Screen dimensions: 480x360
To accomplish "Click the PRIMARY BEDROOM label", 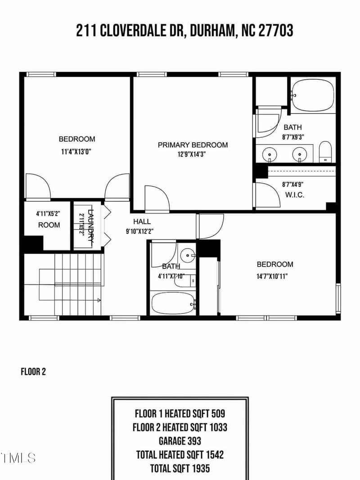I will (193, 145).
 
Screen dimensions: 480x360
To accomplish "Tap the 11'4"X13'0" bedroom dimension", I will (76, 152).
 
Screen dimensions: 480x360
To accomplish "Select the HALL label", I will (142, 222).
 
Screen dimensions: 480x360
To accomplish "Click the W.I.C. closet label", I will (295, 195).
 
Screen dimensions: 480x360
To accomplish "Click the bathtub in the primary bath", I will (313, 95).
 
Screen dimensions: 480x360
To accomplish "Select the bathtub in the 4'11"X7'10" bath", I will (173, 303).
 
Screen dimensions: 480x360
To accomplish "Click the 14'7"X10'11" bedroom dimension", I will (274, 276).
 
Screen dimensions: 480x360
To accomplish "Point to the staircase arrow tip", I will (99, 299).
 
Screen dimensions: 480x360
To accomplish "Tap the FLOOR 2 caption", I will (33, 372).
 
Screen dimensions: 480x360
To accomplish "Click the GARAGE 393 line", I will (180, 441).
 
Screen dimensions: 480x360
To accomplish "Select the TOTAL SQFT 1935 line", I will (180, 468).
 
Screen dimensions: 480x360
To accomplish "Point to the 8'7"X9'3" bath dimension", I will (292, 137).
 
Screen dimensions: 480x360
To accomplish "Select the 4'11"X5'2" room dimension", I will (49, 214).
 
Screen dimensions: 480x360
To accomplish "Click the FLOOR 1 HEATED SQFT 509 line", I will (180, 413).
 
